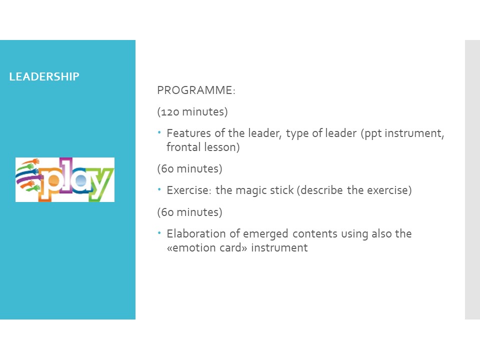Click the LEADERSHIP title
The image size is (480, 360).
point(44,76)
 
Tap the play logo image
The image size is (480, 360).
point(65,179)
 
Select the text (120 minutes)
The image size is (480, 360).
point(192,111)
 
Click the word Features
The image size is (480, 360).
point(189,133)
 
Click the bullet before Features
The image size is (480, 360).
point(159,132)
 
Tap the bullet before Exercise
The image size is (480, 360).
point(159,189)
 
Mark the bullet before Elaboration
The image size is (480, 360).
point(159,233)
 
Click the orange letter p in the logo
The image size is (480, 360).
point(49,184)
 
